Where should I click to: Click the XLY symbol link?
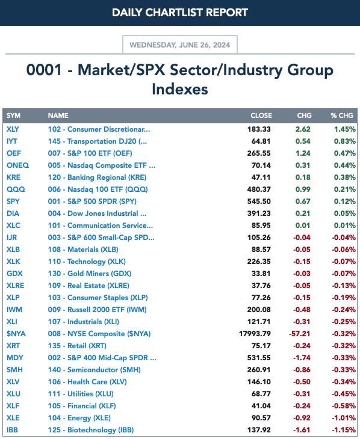(13, 129)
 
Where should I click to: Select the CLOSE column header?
(261, 115)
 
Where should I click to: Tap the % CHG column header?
(341, 115)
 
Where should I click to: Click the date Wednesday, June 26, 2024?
(180, 45)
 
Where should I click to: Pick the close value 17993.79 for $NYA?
(255, 333)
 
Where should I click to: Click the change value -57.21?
(299, 333)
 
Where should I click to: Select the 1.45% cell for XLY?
(344, 129)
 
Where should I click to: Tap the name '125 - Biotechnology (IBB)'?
(90, 430)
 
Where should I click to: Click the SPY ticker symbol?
(13, 201)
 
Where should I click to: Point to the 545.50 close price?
(259, 201)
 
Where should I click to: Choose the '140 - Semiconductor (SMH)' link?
(94, 370)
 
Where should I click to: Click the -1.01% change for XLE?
(344, 418)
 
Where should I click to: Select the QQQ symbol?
(16, 189)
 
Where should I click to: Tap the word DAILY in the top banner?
(127, 12)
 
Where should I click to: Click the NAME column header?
(58, 115)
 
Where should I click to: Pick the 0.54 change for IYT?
(303, 141)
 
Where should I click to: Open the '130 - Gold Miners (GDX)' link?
(90, 274)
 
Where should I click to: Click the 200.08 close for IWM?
(259, 309)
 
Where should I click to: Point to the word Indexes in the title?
(180, 89)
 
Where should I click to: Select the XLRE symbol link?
(16, 286)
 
